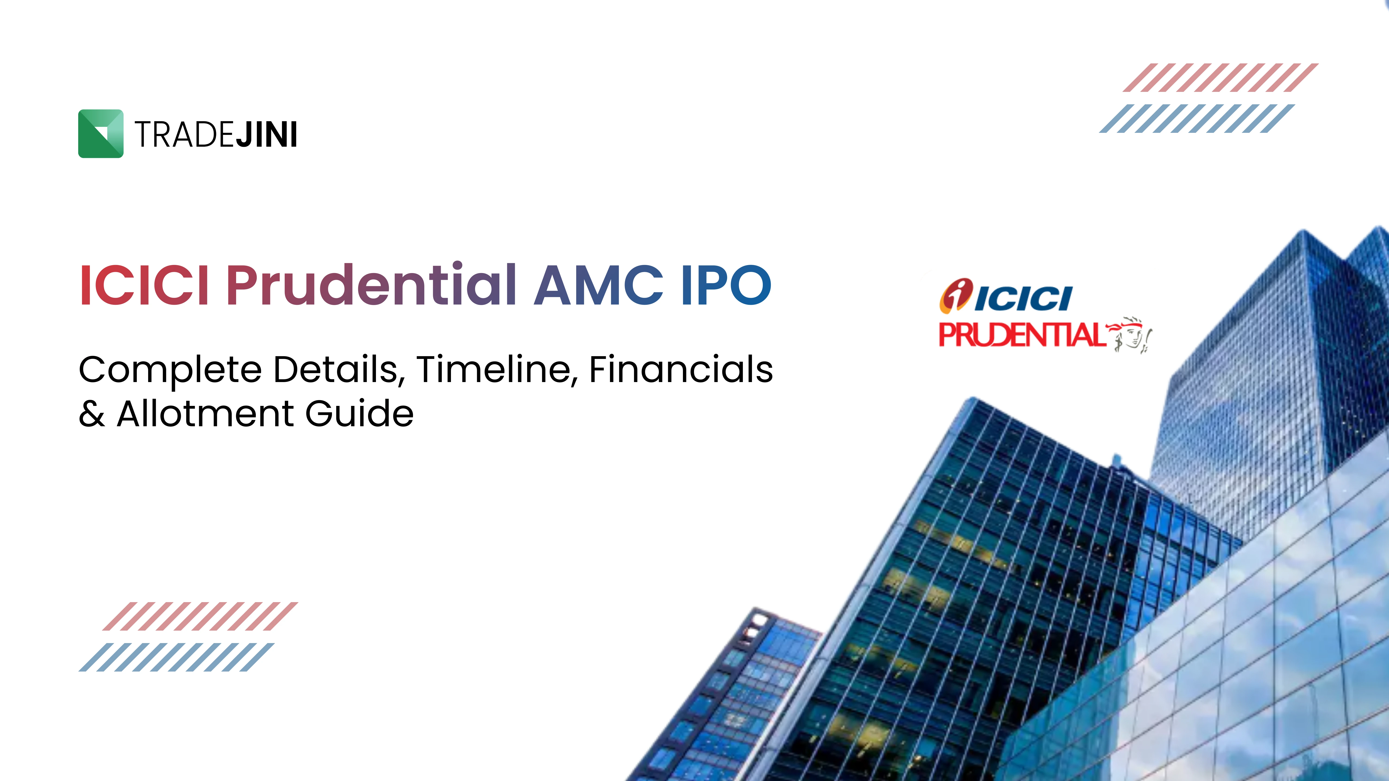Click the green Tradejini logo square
101,134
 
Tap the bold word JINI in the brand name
266,135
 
